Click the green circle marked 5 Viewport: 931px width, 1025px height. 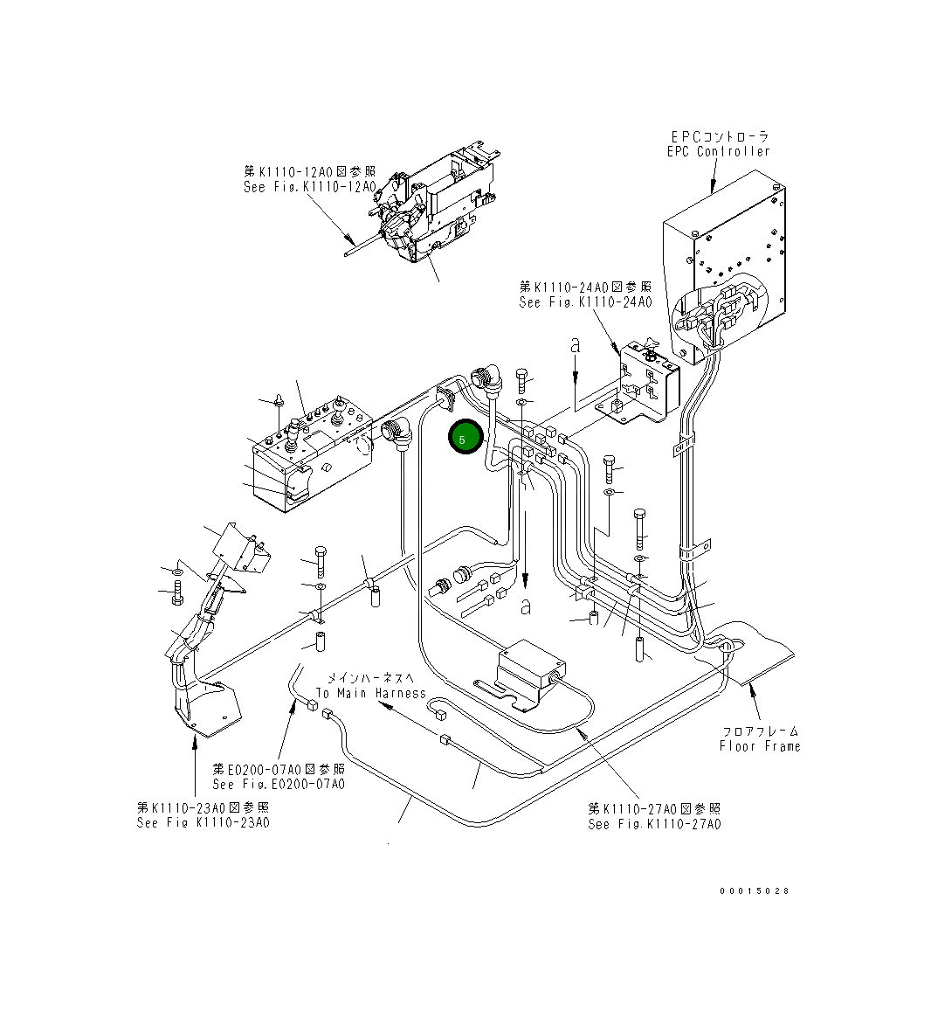click(x=465, y=438)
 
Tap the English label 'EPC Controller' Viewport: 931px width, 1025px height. click(x=719, y=152)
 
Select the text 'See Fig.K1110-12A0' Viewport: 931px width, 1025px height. click(x=309, y=187)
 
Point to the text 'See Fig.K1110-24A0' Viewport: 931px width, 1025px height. click(x=585, y=302)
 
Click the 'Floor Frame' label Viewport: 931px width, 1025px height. click(x=759, y=746)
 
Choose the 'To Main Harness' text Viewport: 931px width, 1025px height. click(x=370, y=693)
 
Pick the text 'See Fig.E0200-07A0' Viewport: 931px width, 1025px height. click(x=279, y=784)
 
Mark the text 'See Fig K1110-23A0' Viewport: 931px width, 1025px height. click(x=203, y=823)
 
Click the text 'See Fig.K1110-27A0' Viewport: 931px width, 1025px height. click(x=654, y=824)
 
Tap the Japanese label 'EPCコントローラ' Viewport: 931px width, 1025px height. click(x=721, y=136)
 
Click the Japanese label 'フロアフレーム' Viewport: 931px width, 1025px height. click(x=760, y=731)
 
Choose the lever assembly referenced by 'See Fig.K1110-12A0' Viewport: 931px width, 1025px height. click(x=437, y=205)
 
